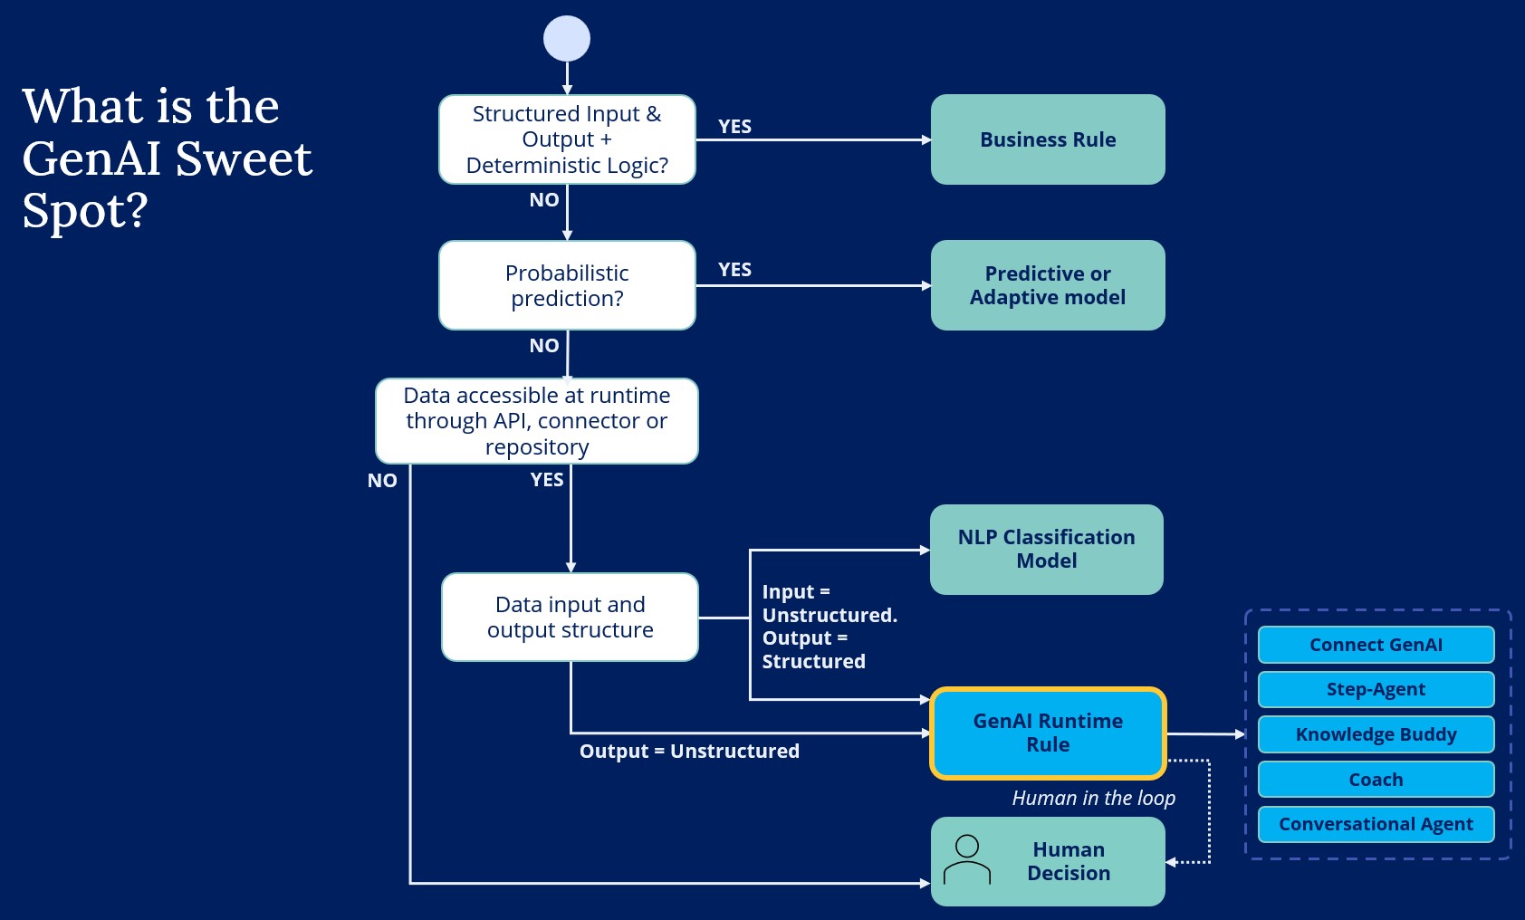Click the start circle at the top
[x=567, y=39]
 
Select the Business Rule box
[x=1048, y=139]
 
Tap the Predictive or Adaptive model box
[x=1048, y=285]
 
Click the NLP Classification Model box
[x=1046, y=549]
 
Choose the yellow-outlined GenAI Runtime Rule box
[x=1048, y=733]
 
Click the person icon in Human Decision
[x=967, y=860]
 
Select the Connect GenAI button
[x=1376, y=645]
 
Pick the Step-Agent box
[x=1376, y=689]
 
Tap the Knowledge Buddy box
[x=1376, y=734]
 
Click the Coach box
[x=1376, y=780]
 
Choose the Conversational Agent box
[x=1376, y=824]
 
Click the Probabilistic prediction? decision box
[x=567, y=285]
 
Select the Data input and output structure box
[x=570, y=617]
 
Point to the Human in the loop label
[x=1093, y=798]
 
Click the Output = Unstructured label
[x=689, y=751]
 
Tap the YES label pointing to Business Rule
[x=734, y=127]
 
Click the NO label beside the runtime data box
[x=382, y=481]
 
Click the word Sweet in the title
[x=244, y=159]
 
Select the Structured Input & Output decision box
[x=567, y=139]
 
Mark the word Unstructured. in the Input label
[x=830, y=615]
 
